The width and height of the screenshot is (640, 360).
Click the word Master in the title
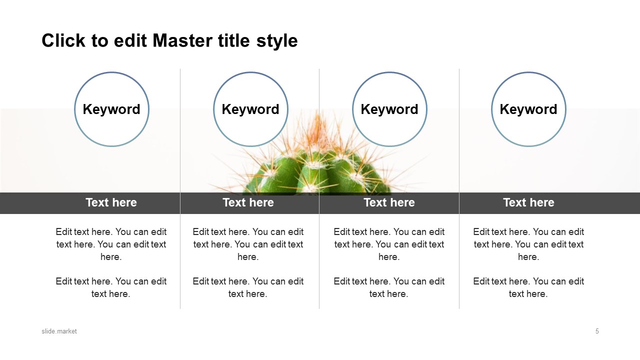click(x=183, y=40)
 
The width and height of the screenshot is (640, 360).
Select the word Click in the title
click(x=63, y=40)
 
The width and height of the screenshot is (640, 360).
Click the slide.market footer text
click(x=59, y=331)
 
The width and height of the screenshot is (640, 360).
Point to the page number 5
click(x=597, y=331)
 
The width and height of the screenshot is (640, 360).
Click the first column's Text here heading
click(x=111, y=202)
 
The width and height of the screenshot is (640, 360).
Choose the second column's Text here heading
click(x=248, y=202)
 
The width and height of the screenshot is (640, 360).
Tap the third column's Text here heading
click(x=389, y=202)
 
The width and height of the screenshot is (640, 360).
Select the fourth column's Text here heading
click(x=528, y=202)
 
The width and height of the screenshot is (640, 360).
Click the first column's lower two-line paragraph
click(x=111, y=287)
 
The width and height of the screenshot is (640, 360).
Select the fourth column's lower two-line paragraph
click(x=528, y=287)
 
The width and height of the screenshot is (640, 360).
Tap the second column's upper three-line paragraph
click(x=248, y=244)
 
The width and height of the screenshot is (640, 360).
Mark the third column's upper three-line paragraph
click(x=389, y=244)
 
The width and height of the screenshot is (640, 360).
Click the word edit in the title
click(x=130, y=40)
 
